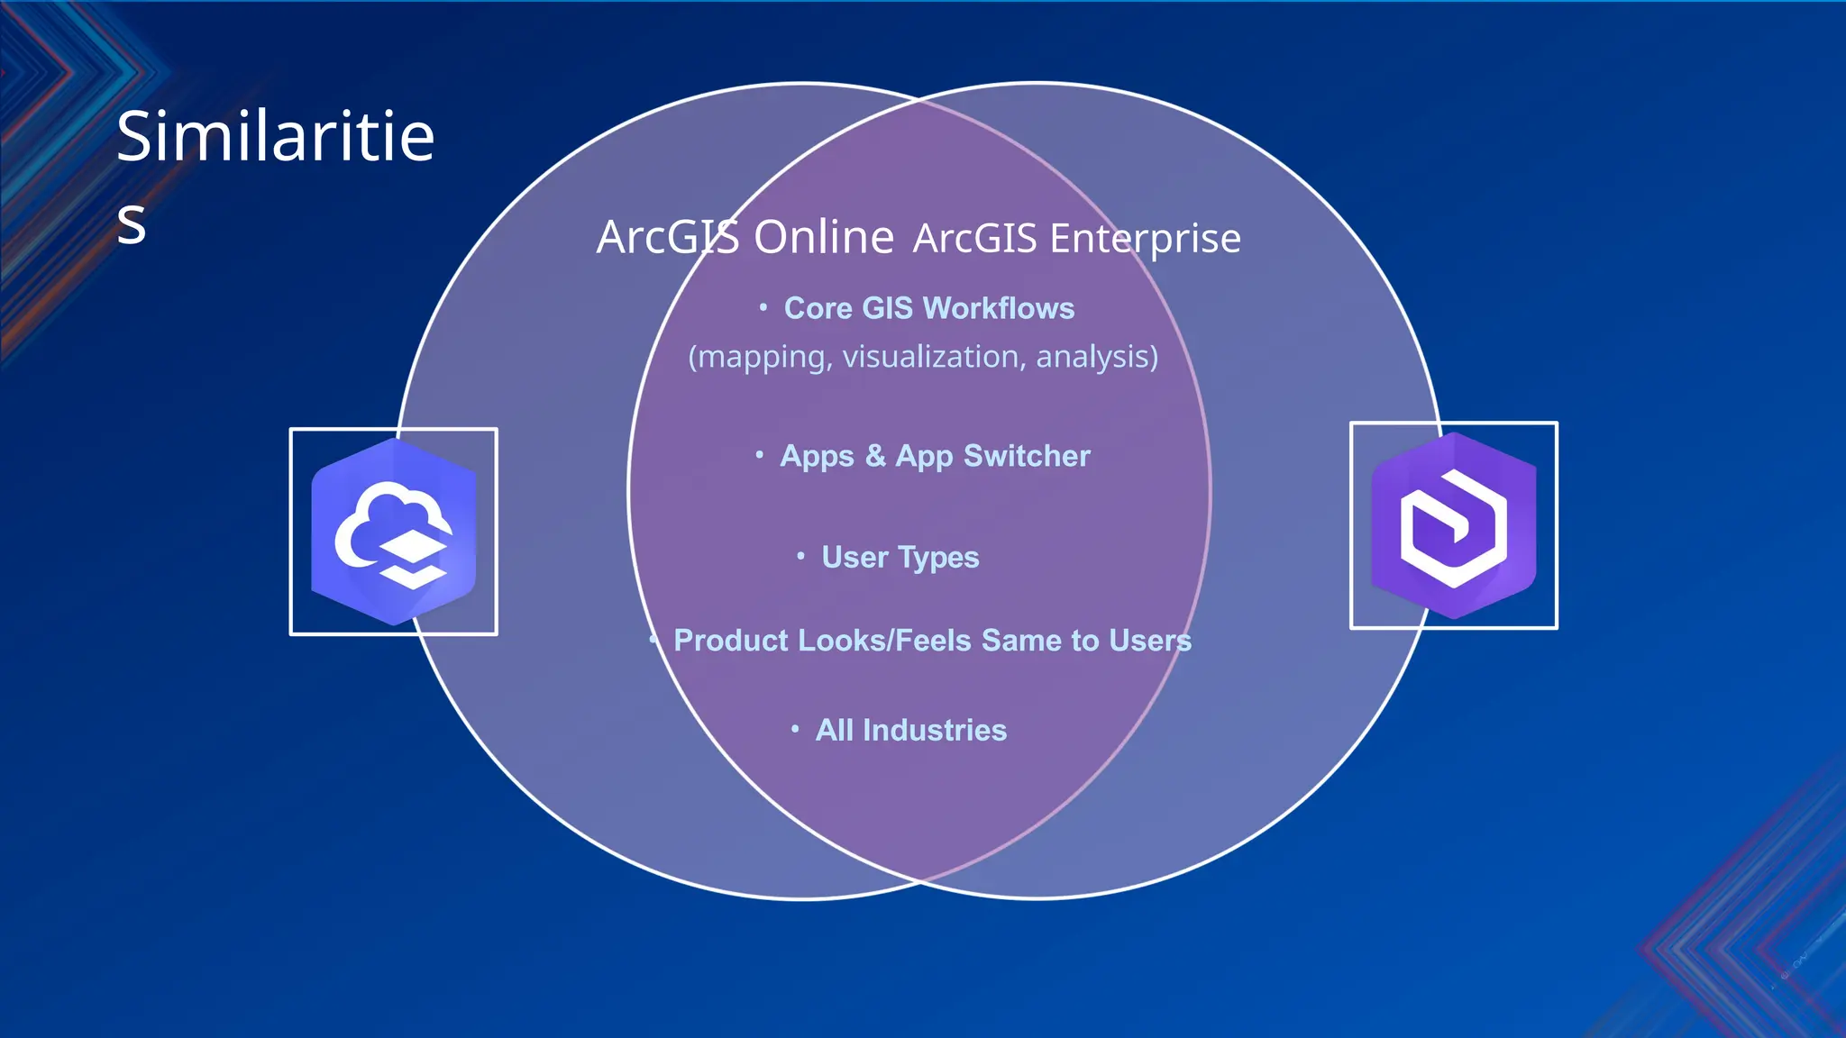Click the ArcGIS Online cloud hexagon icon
394,532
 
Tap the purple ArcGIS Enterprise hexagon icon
1453,525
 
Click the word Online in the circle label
824,238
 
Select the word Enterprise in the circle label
1145,240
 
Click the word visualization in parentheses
934,357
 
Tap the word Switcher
1027,456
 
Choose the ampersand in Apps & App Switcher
874,456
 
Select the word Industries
935,730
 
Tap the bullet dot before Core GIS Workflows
763,308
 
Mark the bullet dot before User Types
800,557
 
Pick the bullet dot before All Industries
795,729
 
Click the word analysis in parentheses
1096,357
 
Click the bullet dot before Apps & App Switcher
760,455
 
